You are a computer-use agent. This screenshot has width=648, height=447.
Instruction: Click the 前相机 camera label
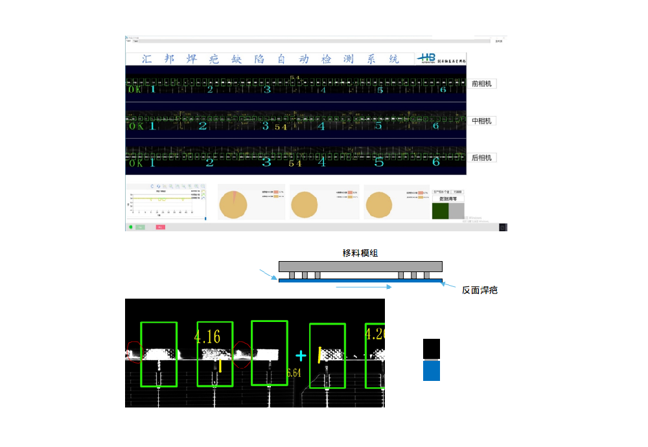click(x=482, y=84)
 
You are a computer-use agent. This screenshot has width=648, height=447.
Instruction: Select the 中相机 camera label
click(x=482, y=121)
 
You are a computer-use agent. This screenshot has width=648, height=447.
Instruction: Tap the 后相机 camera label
click(x=482, y=157)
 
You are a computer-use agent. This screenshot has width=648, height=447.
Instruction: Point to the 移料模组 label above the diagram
click(x=360, y=253)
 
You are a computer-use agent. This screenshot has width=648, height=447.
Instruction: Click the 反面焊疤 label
click(x=480, y=290)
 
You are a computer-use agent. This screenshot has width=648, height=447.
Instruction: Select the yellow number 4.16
click(x=207, y=336)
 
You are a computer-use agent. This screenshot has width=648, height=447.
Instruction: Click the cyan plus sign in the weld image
click(x=300, y=356)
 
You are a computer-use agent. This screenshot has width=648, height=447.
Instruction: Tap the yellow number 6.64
click(x=294, y=373)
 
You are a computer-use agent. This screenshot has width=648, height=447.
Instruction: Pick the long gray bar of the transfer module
click(x=360, y=266)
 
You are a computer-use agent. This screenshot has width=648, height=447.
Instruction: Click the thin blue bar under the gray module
click(x=360, y=281)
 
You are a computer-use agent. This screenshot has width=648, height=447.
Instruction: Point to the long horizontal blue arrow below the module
click(x=363, y=286)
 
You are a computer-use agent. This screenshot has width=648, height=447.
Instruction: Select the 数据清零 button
click(x=448, y=200)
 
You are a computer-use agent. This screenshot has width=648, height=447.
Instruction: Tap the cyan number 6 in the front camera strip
click(x=443, y=89)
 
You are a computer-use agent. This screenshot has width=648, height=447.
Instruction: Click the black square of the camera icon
click(x=432, y=349)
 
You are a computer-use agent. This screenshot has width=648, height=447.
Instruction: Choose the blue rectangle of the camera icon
click(x=432, y=371)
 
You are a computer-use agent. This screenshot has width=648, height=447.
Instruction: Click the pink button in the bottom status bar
click(x=160, y=227)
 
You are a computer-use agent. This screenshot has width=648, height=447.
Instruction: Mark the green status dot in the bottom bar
click(x=130, y=227)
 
